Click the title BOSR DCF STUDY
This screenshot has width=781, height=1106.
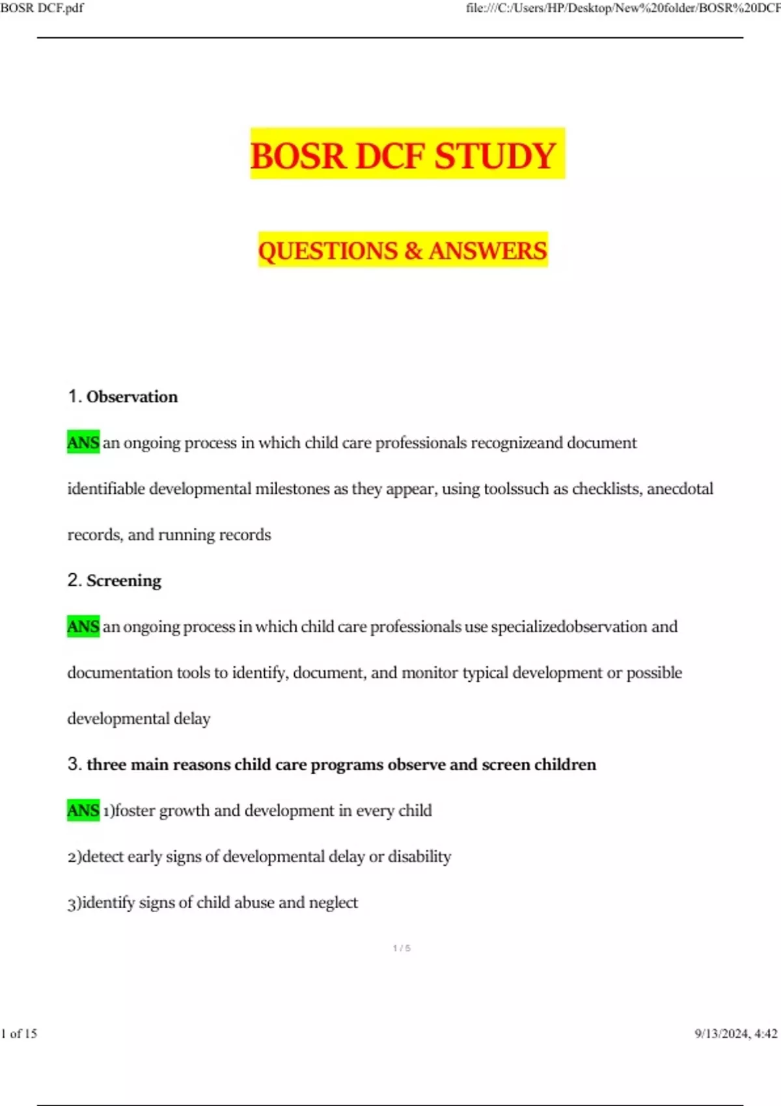click(402, 156)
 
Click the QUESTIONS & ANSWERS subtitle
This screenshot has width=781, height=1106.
click(402, 250)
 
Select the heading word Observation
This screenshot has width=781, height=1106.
click(132, 397)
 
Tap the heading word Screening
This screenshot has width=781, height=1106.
click(124, 580)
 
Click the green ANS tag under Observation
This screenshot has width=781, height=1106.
click(83, 443)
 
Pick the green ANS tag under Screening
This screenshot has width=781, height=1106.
click(83, 627)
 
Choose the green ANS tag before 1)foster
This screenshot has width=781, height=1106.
click(83, 811)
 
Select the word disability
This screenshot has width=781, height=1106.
click(419, 856)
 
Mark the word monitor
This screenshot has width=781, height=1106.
click(430, 673)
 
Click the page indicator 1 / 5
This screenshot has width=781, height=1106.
click(402, 949)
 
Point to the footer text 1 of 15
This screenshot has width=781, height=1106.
click(20, 1033)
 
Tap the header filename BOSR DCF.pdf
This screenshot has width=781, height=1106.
click(42, 8)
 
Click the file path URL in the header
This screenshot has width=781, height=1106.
click(622, 8)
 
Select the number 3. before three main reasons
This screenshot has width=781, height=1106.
click(74, 764)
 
